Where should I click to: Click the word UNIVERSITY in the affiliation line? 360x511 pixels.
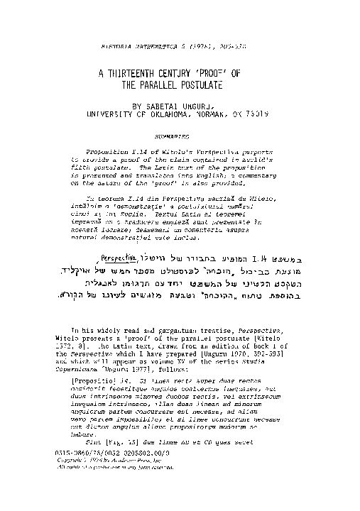tap(109, 112)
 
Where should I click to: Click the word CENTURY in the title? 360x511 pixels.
tap(187, 73)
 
